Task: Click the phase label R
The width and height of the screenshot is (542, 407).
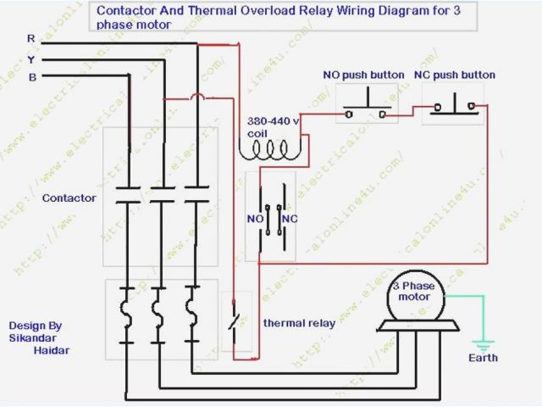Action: (x=31, y=39)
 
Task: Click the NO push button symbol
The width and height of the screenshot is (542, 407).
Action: (x=362, y=110)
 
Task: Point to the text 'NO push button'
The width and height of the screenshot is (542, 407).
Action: (x=362, y=75)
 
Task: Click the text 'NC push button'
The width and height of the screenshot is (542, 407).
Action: (x=454, y=75)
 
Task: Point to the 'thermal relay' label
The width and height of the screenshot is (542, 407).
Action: (x=299, y=323)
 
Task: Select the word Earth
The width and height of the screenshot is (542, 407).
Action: (x=484, y=358)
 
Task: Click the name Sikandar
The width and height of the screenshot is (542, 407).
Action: (x=31, y=337)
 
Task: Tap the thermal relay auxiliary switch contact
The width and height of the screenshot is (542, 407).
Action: (x=235, y=321)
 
